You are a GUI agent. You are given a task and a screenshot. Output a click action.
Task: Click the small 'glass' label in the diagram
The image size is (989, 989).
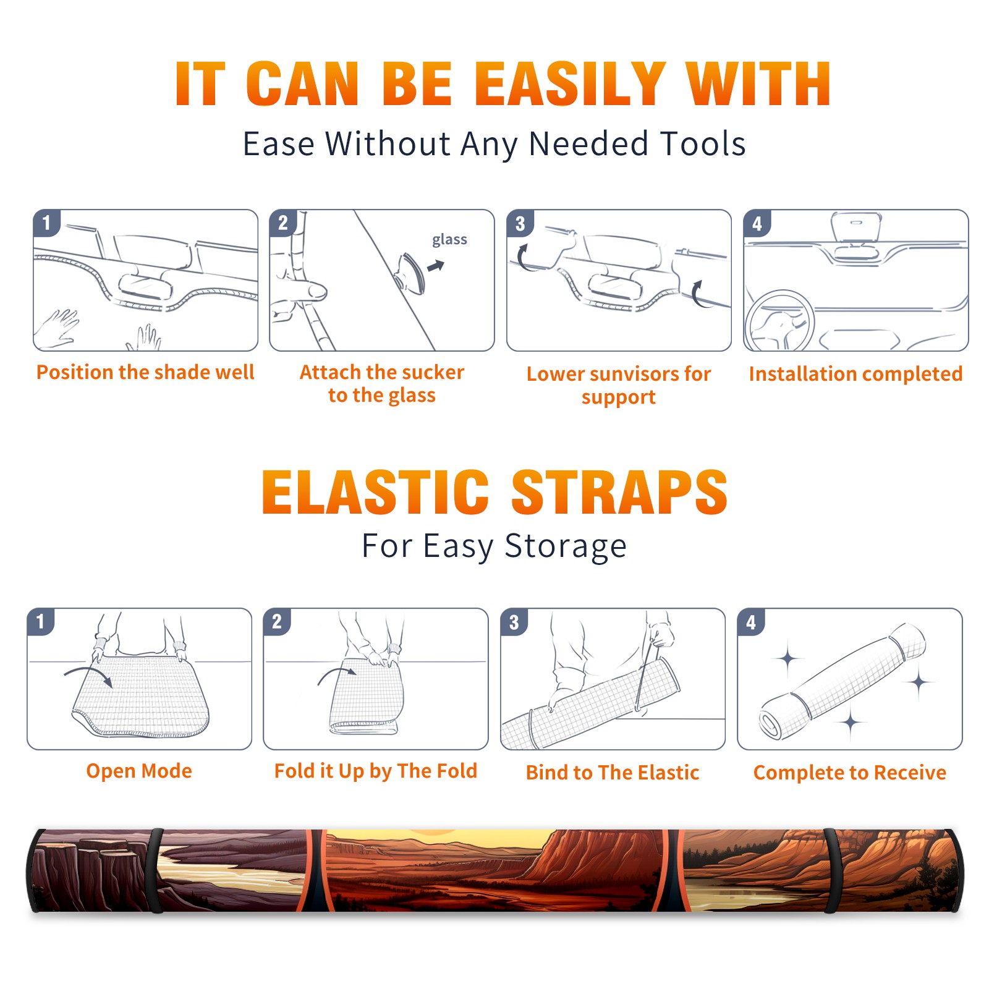[x=449, y=240]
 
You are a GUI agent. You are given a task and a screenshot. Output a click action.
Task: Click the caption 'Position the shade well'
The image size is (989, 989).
[x=145, y=372]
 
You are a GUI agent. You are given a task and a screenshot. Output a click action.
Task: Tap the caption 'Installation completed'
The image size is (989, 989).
[x=855, y=374]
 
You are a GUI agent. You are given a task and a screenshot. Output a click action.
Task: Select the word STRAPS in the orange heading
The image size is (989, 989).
[x=619, y=492]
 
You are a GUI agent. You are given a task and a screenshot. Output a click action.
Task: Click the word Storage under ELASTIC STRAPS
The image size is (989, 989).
[x=566, y=546]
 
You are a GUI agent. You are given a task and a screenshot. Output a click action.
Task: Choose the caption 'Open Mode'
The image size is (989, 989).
[x=139, y=771]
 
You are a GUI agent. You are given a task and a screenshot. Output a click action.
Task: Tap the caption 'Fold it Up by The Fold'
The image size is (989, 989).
[x=376, y=771]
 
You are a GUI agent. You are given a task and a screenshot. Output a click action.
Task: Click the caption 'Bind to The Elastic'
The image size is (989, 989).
[x=613, y=773]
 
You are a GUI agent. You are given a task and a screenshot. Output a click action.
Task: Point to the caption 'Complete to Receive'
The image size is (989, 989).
[x=850, y=773]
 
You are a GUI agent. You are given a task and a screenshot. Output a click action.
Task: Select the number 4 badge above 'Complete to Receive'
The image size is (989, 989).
[x=751, y=622]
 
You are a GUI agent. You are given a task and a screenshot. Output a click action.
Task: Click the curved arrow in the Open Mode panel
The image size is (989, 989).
[x=90, y=671]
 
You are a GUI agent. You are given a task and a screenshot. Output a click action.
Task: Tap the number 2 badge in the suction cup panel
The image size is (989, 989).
[x=283, y=223]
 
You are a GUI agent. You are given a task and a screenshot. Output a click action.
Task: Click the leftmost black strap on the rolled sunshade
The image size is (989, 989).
[x=155, y=871]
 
